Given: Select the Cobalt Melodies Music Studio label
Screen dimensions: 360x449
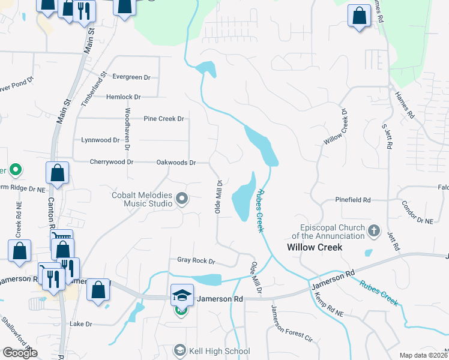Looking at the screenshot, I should pos(142,199).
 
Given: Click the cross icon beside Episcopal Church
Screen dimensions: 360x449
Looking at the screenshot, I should pos(374,230).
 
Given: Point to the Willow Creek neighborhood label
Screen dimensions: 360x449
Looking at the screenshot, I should pos(315,247).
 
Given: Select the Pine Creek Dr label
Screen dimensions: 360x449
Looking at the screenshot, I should pos(163,119).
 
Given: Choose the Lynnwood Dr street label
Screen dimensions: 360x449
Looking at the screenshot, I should pos(100,140).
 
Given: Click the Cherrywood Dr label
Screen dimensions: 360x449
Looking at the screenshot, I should pos(111,162).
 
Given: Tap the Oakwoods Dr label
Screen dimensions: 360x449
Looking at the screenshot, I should pos(176,162).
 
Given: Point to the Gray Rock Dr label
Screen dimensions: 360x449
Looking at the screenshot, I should pos(196,261).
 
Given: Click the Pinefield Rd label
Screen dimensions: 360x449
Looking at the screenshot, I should pos(353,200).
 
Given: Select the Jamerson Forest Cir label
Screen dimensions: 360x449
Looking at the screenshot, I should pos(292,324).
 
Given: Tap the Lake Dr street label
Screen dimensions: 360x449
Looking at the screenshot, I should pos(80,324).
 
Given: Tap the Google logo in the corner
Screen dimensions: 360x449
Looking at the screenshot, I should pos(20,353).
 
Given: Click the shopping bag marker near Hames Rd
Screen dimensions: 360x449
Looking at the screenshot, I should pos(359,17).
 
